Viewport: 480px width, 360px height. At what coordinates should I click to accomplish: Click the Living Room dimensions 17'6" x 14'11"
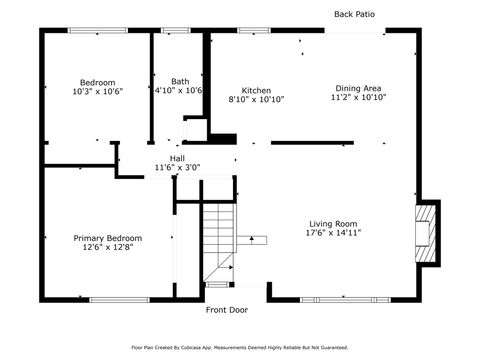(333, 233)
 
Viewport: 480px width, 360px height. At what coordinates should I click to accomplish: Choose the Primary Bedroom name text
(108, 238)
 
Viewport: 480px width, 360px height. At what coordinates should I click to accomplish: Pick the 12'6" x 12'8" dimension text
(108, 247)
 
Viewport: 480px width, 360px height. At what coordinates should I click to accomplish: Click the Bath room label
(180, 82)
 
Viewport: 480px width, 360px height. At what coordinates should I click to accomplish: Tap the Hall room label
(177, 158)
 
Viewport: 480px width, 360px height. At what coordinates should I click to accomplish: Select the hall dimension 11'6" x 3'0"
(177, 167)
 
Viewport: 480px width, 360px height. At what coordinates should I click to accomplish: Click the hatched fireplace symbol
(427, 232)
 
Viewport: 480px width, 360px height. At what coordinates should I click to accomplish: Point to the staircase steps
(218, 240)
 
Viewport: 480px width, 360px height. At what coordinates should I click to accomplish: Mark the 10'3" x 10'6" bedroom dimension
(98, 91)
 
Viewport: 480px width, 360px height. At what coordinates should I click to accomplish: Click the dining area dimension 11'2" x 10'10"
(359, 97)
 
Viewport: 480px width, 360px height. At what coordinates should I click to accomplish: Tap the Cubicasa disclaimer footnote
(240, 349)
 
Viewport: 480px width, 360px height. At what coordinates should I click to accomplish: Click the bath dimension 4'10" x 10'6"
(180, 91)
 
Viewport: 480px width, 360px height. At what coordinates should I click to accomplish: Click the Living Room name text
(333, 224)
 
